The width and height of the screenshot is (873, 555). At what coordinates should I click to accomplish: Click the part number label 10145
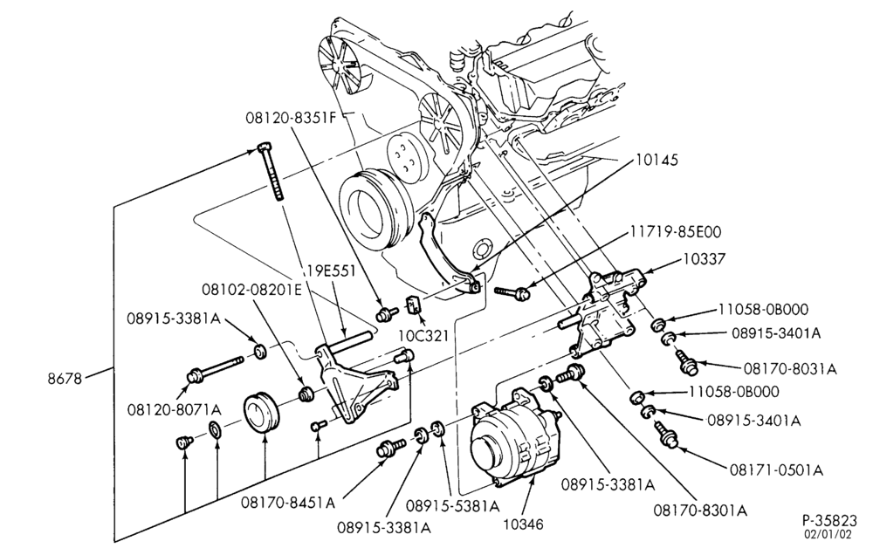pos(657,161)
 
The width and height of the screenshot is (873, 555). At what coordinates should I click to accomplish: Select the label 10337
pos(705,259)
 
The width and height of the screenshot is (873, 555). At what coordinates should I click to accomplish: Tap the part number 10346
pos(523,524)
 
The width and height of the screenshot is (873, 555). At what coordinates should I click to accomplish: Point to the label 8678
pos(65,379)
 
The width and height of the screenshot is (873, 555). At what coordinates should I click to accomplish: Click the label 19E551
pos(331,272)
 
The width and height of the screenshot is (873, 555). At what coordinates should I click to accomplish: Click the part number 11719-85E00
pos(676,231)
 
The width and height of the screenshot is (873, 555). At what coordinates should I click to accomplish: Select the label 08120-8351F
pos(291,118)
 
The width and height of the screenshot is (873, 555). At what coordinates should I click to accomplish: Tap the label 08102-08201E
pos(251,290)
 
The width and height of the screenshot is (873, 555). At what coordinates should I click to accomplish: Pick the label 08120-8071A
pos(175,410)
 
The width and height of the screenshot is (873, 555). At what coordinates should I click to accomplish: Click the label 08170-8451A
pos(288,503)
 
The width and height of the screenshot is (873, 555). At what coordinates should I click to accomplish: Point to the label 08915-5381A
pos(452,505)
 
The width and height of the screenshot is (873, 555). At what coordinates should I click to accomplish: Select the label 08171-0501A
pos(776,470)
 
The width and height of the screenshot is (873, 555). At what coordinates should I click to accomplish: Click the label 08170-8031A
pos(790,368)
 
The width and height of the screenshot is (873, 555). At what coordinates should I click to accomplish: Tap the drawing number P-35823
pos(829,521)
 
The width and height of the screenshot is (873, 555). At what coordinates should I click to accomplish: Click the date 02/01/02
pos(827,535)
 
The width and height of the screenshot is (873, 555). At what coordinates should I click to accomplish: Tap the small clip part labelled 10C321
pos(414,305)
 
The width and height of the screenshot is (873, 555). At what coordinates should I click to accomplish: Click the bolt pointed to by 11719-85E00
pos(510,291)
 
